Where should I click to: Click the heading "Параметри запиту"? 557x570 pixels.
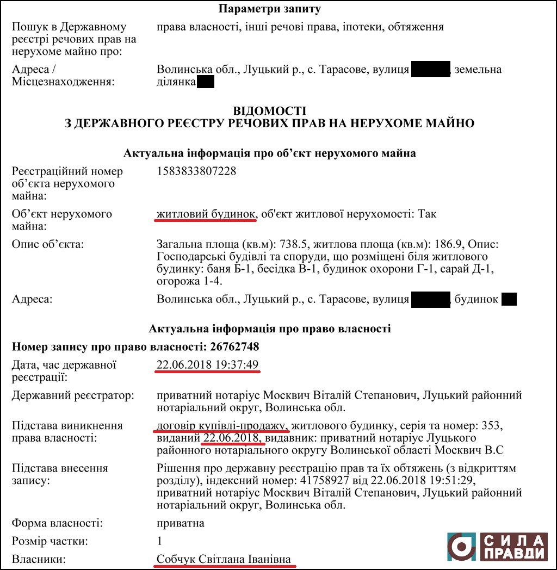pos(269,9)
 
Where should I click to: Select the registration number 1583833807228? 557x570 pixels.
pos(196,171)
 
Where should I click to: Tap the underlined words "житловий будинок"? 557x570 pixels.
pos(206,214)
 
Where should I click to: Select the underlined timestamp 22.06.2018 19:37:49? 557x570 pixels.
pos(207,364)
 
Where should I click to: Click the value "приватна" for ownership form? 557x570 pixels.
pos(180,523)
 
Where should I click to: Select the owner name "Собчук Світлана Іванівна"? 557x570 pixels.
pos(224,559)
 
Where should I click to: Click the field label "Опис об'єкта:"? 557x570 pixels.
pos(48,244)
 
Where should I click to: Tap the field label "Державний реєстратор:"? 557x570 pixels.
pos(73,395)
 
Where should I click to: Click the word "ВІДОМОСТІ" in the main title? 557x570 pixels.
pos(269,111)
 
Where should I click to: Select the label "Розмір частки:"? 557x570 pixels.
pos(49,541)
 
